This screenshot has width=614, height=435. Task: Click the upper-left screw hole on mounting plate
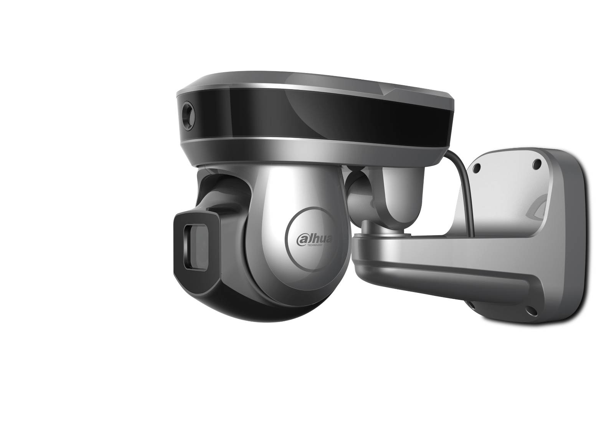pos(477,168)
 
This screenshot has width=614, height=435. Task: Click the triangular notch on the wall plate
pos(537,208)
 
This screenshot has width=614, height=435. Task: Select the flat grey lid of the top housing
pos(307,79)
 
